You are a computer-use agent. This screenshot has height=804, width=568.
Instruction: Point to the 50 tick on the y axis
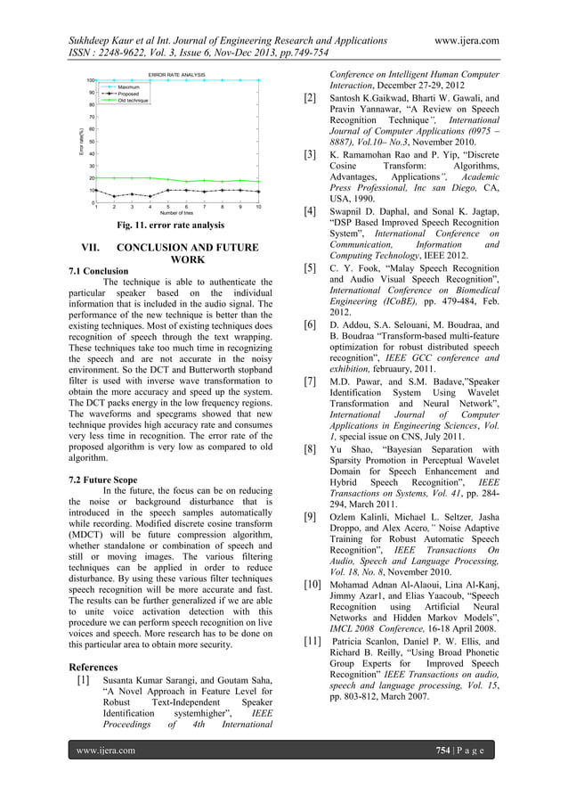(x=92, y=142)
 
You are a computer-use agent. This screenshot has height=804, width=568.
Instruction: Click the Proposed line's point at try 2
(x=113, y=196)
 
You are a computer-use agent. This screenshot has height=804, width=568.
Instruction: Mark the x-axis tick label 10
(x=258, y=207)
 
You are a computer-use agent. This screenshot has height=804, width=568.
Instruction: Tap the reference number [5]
(x=311, y=267)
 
